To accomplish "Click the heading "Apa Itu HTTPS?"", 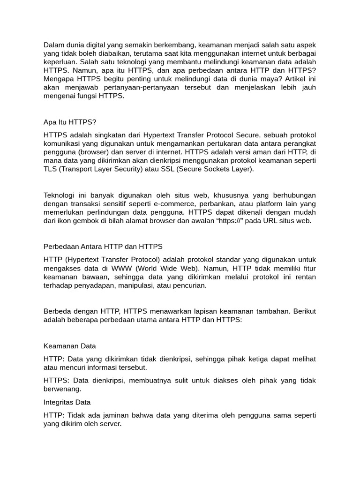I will pyautogui.click(x=70, y=122).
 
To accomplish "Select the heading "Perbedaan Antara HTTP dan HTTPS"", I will pyautogui.click(x=103, y=247).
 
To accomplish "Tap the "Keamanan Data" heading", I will pyautogui.click(x=70, y=346).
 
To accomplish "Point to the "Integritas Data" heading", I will pyautogui.click(x=67, y=402).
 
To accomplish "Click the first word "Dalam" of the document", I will pyautogui.click(x=53, y=45).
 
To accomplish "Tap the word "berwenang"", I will pyautogui.click(x=62, y=389).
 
